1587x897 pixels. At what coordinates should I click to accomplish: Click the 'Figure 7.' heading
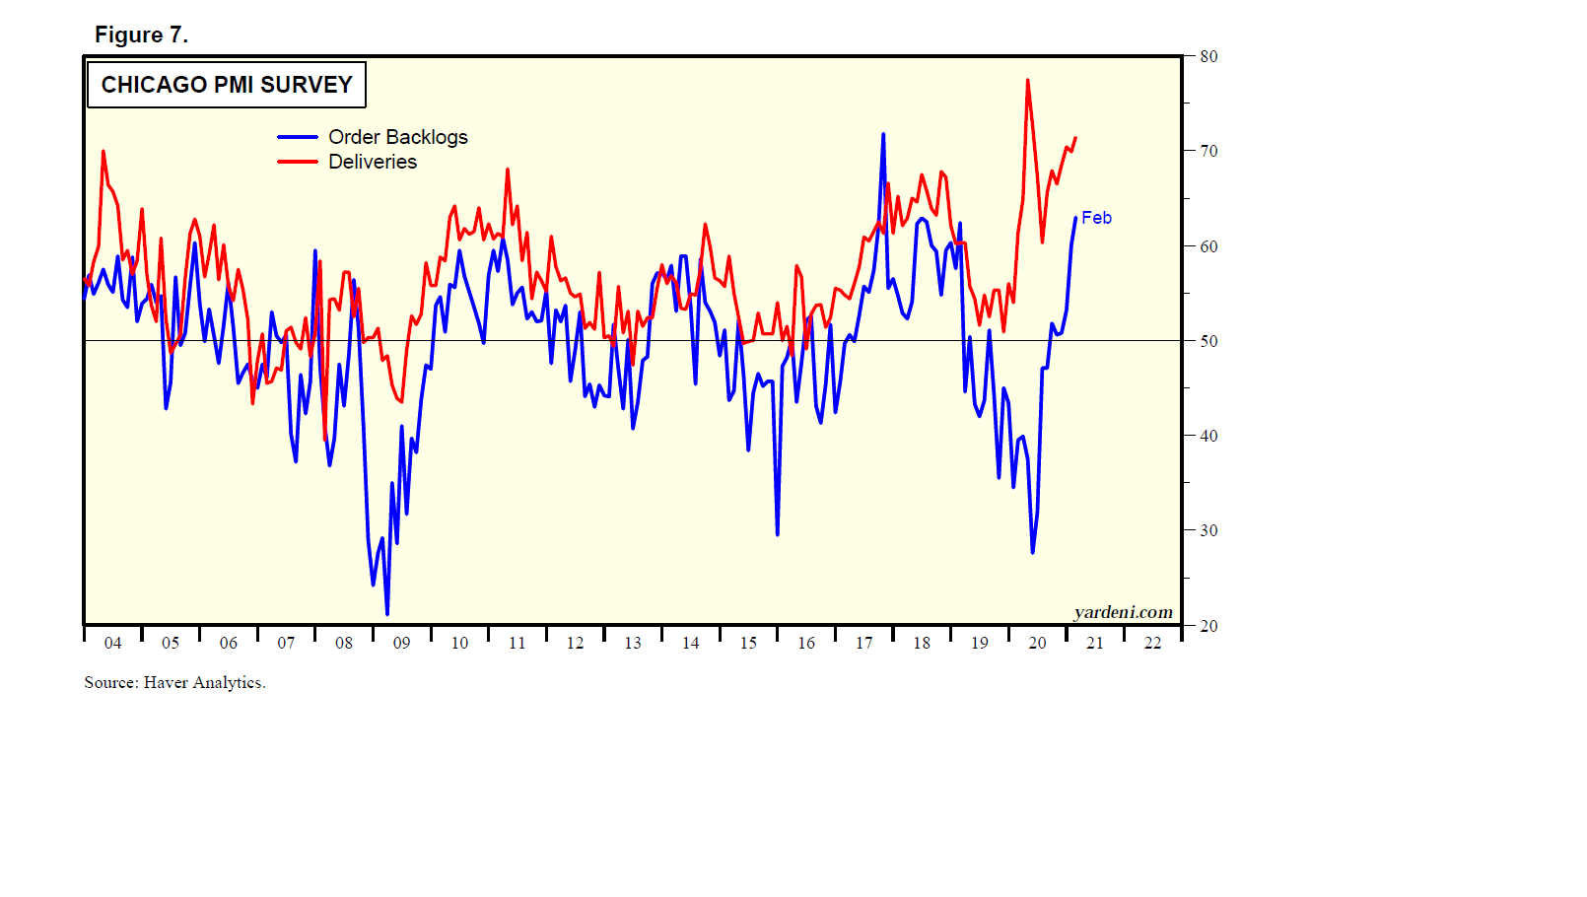coord(141,34)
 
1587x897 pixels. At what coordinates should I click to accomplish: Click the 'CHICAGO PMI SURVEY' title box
coord(227,85)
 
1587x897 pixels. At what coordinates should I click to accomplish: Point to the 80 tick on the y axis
coord(1208,56)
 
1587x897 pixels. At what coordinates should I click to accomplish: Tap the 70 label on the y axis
coord(1208,151)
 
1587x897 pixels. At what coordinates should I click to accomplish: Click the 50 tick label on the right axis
coord(1208,341)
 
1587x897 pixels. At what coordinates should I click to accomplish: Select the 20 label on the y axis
coord(1208,626)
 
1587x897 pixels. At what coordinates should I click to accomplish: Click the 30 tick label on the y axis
coord(1208,530)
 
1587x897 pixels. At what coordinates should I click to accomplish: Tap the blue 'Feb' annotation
coord(1096,218)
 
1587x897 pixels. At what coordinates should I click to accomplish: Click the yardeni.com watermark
coord(1123,612)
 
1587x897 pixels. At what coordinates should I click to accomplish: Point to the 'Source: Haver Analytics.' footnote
coord(174,682)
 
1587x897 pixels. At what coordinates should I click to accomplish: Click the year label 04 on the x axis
coord(113,643)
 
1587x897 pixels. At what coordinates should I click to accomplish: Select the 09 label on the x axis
coord(401,643)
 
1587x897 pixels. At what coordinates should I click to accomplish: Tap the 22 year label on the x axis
coord(1152,643)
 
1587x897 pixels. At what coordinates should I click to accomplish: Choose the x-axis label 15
coord(748,643)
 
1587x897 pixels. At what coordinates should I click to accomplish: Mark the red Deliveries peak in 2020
coord(1027,81)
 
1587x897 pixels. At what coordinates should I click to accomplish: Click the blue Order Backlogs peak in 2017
coord(883,134)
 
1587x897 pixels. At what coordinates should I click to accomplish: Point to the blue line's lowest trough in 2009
coord(386,614)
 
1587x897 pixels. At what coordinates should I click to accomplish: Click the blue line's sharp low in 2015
coord(777,534)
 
